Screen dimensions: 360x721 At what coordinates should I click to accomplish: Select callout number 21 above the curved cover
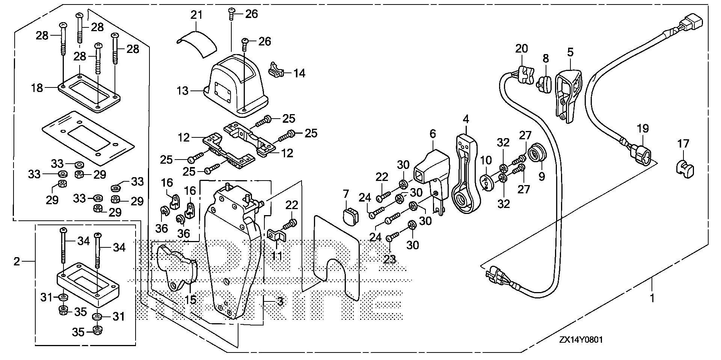[196, 15]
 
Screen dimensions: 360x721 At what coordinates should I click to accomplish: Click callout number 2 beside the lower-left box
[17, 261]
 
